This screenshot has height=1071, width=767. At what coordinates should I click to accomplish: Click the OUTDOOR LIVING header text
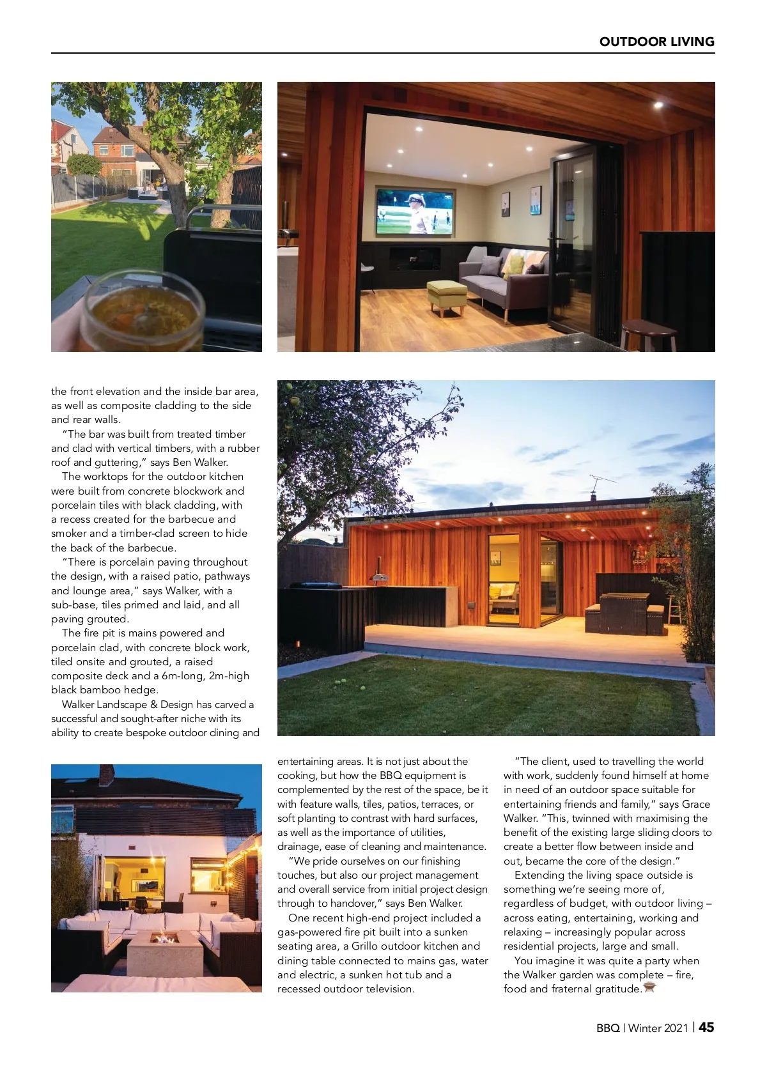tap(656, 42)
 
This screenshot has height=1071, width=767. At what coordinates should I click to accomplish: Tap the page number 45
tap(706, 1028)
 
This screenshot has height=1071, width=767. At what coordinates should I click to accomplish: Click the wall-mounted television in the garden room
tap(415, 212)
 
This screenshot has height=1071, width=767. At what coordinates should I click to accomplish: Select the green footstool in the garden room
tap(446, 295)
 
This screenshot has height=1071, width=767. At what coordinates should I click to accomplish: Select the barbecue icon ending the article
tap(649, 989)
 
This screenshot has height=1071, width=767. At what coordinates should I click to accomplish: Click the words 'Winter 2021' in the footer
tap(658, 1028)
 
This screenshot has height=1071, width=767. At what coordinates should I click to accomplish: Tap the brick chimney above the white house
tap(107, 774)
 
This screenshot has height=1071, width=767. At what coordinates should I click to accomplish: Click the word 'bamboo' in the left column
tap(100, 690)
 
